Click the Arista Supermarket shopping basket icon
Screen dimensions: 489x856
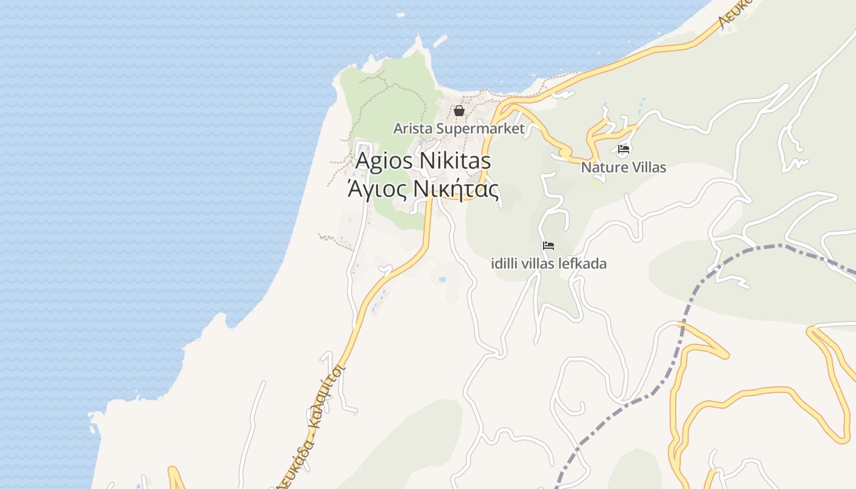(x=459, y=111)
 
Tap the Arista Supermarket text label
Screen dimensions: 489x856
(x=459, y=128)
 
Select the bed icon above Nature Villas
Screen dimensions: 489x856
(x=624, y=149)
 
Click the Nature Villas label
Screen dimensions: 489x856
(x=624, y=167)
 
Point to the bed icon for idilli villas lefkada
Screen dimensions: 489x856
(x=548, y=246)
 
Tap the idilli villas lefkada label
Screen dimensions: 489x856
(x=549, y=264)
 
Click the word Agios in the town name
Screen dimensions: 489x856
(x=384, y=161)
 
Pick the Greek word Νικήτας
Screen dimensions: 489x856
(x=456, y=188)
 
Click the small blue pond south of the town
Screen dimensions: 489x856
(x=441, y=279)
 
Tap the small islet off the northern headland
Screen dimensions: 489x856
(x=439, y=40)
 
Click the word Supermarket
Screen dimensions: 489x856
(x=489, y=128)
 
